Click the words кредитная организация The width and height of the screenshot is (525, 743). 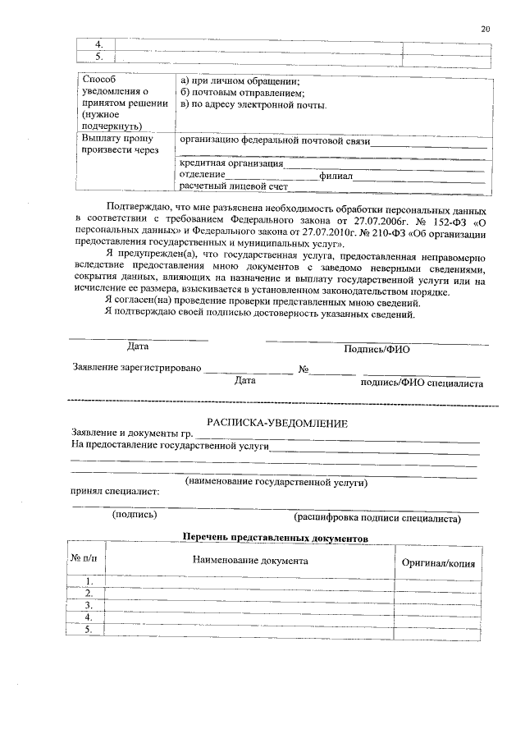[232, 163]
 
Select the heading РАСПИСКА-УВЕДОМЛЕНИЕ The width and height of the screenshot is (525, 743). [277, 423]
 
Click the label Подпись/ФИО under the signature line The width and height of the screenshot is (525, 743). [377, 349]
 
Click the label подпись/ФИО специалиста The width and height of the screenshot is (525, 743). [422, 383]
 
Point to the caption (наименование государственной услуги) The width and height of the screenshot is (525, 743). [276, 483]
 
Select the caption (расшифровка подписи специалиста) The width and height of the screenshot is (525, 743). [377, 518]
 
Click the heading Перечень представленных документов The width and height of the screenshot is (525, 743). [275, 537]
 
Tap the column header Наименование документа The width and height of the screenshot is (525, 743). [250, 561]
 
